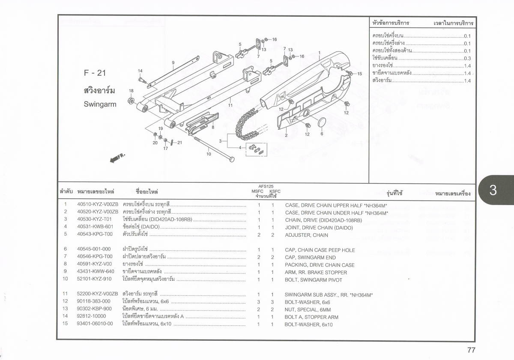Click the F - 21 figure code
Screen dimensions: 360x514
click(95, 73)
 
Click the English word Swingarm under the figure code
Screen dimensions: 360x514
click(100, 104)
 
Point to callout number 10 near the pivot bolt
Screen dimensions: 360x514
click(209, 155)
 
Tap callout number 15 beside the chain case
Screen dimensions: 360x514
click(360, 74)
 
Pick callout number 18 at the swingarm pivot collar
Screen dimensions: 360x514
click(131, 91)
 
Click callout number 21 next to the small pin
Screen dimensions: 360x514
click(179, 143)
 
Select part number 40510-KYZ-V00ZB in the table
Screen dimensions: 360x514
click(95, 205)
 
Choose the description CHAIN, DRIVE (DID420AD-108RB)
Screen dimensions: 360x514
click(323, 220)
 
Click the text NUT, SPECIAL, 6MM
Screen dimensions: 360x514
click(308, 309)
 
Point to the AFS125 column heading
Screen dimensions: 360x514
click(266, 187)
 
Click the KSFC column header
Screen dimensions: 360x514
click(275, 191)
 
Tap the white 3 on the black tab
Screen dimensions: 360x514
click(493, 191)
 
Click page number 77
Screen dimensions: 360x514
click(471, 350)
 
